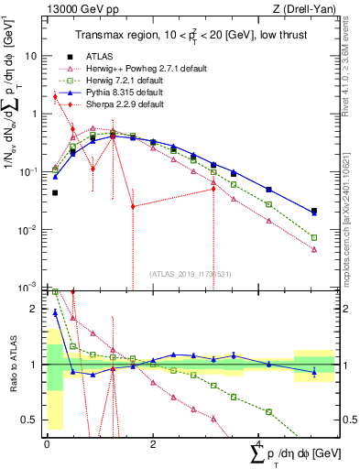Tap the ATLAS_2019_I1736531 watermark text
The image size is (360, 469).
point(191,273)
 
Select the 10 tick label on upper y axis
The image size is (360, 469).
point(30,56)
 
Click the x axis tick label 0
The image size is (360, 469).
point(47,442)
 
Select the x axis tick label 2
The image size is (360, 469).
point(153,442)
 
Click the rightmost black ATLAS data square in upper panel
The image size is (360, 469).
point(314,212)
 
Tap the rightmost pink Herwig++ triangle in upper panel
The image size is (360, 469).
point(314,249)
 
